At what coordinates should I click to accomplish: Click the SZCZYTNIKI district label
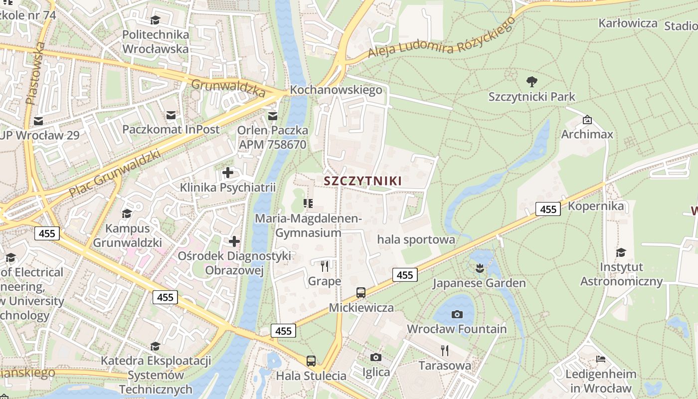coord(362,181)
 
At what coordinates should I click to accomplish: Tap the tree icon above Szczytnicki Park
coord(532,81)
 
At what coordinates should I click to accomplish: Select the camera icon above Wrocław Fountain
coord(457,314)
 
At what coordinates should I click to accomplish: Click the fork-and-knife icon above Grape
coord(325,266)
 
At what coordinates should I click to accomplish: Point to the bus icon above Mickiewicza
coord(361,293)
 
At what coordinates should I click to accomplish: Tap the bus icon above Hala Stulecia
coord(311,361)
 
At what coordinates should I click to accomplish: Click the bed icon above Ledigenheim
coord(601,359)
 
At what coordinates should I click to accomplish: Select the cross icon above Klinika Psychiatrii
coord(228,173)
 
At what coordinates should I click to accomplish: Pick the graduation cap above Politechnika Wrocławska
coord(155,20)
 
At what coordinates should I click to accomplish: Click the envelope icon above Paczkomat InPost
coord(171,115)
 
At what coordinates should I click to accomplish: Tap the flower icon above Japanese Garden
coord(479,268)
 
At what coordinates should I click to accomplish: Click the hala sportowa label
coord(416,239)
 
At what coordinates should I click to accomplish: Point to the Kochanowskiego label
coord(336,90)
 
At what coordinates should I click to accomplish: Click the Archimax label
coord(587,134)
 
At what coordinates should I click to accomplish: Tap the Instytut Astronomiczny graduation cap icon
coord(621,252)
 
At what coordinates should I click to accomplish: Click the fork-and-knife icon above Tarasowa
coord(445,351)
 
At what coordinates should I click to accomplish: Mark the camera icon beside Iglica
coord(376,357)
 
